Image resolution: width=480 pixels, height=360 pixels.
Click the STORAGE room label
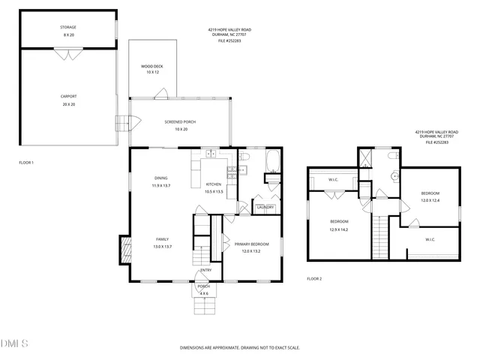coord(68,27)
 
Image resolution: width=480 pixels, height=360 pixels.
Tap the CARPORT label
coord(68,96)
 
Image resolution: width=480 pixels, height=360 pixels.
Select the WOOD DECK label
coord(152,67)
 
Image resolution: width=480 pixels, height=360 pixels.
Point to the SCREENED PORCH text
coord(179,121)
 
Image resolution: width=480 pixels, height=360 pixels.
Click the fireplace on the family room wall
coord(124,249)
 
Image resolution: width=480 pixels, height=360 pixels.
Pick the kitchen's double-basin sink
coord(211,154)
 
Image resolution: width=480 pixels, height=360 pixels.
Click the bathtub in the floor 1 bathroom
coord(273,160)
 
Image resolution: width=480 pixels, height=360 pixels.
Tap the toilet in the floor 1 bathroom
coord(244,156)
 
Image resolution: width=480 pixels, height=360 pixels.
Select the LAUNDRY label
coord(265,207)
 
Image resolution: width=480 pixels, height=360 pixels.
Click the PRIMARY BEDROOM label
coord(251,244)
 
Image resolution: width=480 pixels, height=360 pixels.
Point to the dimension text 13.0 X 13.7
coord(162,246)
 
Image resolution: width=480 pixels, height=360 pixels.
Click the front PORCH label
coord(203,286)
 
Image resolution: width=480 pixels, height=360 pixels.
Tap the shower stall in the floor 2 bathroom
coord(365,157)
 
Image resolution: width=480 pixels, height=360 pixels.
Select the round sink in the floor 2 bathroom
coord(394,177)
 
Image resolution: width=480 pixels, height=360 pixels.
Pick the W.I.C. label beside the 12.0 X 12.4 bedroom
coord(430,239)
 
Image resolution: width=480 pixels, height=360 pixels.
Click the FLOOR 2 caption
coord(313,278)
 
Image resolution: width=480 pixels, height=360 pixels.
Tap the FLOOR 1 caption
coord(26,162)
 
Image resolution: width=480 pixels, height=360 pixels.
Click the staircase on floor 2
coord(382,235)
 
